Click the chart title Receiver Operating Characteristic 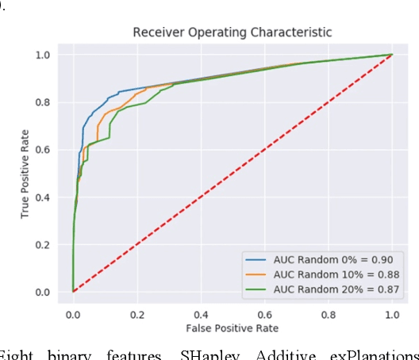coord(232,33)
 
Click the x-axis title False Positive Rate coord(232,327)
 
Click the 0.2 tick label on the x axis coord(136,314)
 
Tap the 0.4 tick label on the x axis coord(201,314)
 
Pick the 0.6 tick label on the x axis coord(264,314)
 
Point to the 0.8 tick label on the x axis coord(329,314)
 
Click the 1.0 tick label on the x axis coord(392,314)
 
